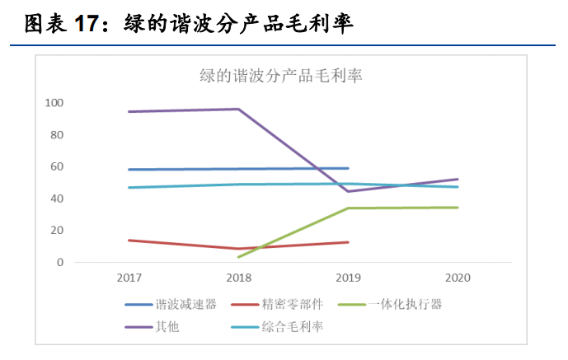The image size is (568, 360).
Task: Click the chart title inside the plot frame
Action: [281, 76]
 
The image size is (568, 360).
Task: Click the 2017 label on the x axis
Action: [129, 278]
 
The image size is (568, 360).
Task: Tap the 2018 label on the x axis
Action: [238, 278]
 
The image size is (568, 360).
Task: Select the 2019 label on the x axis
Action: [347, 278]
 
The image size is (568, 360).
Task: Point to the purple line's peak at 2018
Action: [238, 109]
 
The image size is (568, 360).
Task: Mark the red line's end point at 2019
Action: [348, 242]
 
